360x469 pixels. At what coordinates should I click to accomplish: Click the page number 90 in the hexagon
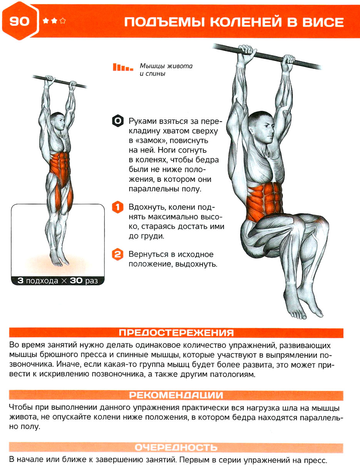pos(19,21)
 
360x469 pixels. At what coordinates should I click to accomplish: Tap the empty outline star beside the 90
pos(63,21)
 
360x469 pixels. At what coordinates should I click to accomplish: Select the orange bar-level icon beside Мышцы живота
pos(123,67)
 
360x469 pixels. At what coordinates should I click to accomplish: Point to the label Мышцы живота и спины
pos(166,70)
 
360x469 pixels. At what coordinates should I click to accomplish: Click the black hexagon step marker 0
pos(118,121)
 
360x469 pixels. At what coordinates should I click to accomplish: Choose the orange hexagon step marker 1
pos(118,208)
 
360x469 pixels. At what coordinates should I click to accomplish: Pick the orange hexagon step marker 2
pos(118,255)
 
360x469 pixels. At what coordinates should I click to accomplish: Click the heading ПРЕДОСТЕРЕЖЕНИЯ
pos(176,333)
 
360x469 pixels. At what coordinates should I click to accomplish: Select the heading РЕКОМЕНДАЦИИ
pos(176,395)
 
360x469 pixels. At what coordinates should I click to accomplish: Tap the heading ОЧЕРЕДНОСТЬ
pos(176,447)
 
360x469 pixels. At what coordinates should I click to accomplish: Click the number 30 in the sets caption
pos(76,281)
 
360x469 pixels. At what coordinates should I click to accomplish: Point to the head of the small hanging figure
pos(58,121)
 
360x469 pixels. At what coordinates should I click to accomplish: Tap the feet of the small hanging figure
pos(59,258)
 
